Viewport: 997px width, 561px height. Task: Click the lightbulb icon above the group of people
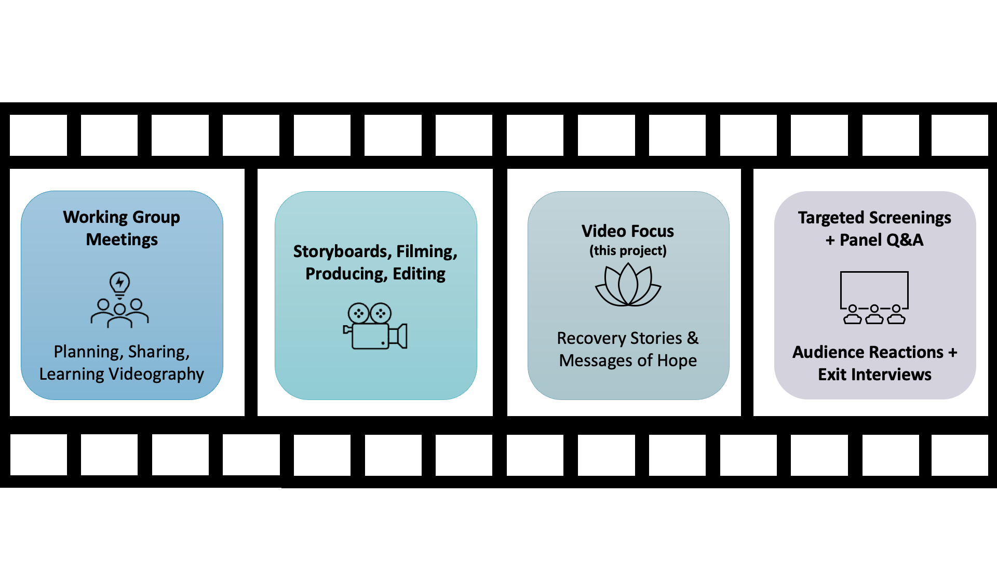[120, 284]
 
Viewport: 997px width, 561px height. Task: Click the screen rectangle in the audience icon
[874, 288]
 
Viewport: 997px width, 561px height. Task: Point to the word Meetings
[122, 239]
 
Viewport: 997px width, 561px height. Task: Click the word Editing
[419, 274]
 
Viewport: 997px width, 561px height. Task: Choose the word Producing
[346, 274]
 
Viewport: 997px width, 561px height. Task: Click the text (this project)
[628, 251]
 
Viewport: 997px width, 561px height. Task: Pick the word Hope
[677, 360]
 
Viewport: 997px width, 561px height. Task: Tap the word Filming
[426, 251]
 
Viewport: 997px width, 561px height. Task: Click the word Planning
[88, 352]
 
